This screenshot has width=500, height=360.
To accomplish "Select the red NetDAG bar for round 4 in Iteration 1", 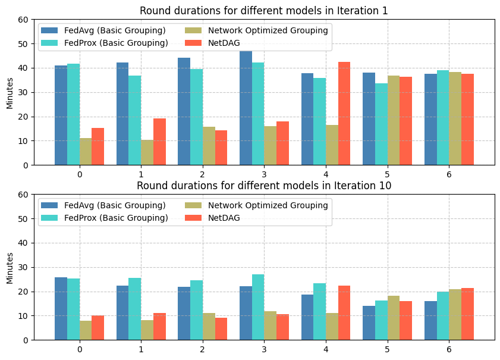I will point(344,114).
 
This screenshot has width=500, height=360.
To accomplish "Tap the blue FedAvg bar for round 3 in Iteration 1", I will point(246,108).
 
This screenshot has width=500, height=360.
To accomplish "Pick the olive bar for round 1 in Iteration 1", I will point(147,152).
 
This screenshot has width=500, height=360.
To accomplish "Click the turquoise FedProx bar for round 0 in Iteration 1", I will point(73,114).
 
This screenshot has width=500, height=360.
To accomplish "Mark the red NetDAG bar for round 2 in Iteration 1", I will point(221,148).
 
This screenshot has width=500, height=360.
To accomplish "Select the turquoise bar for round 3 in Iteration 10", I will point(258,307).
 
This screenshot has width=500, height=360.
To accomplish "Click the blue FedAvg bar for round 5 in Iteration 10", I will point(369,323).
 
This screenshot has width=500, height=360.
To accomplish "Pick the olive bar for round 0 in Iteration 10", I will point(86,330).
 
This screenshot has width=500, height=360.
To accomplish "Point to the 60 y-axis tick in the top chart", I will point(24,20).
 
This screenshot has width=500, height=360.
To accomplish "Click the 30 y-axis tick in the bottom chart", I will point(24,267).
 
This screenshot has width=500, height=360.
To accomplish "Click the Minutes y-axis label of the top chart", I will point(10,92).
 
